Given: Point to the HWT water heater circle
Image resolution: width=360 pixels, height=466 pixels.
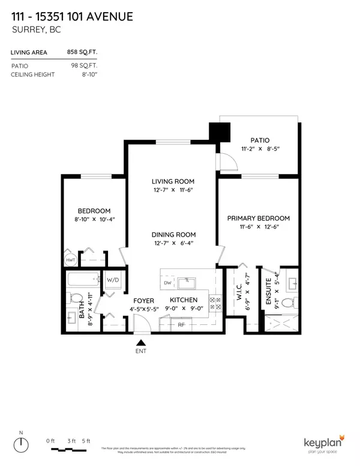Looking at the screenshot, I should click(70, 259).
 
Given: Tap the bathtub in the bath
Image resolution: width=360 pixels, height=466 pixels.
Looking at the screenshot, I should click(83, 280).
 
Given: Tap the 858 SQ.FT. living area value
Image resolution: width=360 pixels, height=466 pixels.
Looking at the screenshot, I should click(82, 53).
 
